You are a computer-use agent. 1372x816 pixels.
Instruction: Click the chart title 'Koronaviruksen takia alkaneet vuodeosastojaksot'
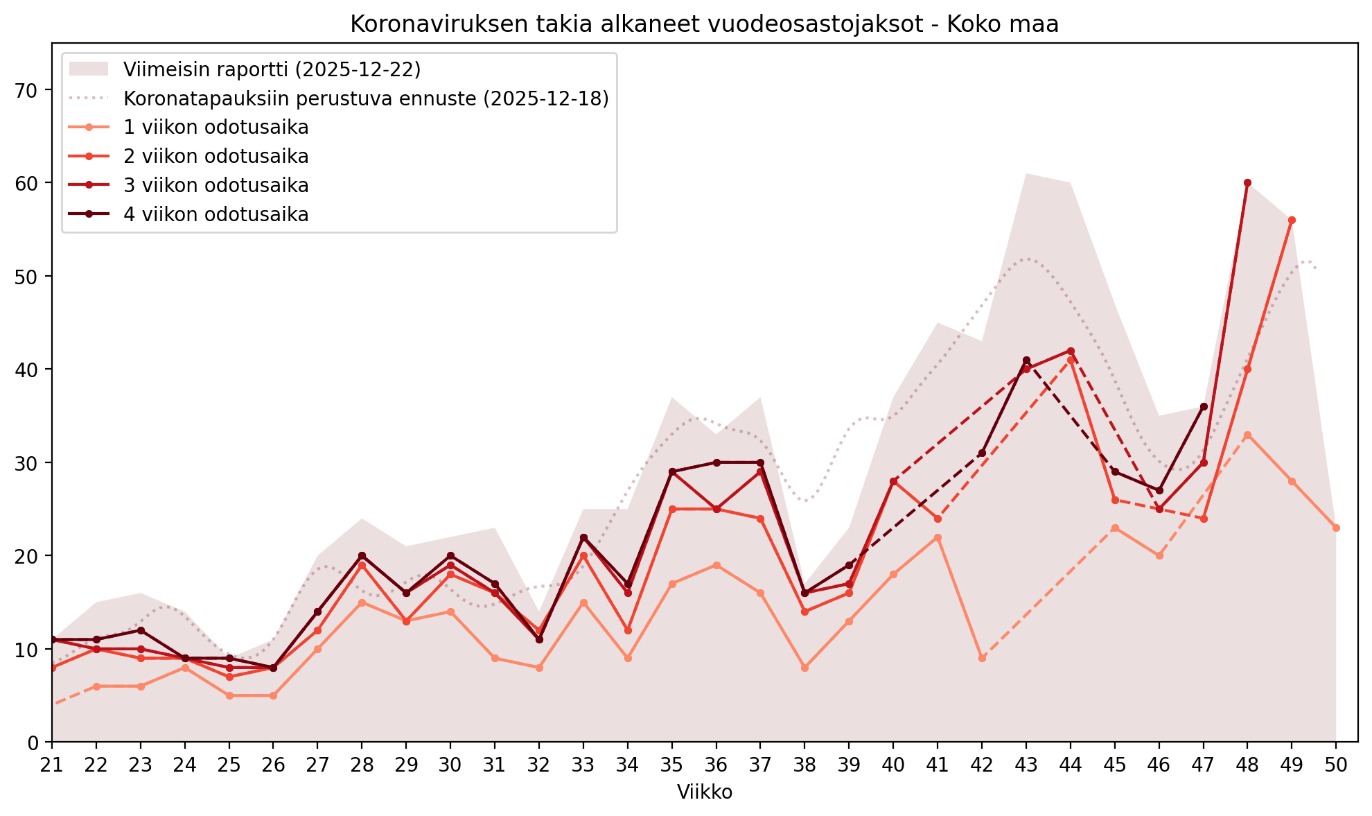[x=704, y=24]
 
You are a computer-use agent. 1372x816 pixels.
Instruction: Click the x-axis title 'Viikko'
[x=704, y=792]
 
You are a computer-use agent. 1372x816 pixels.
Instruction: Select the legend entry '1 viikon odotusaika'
[x=216, y=128]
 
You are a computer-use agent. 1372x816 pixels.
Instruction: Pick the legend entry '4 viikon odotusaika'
[x=216, y=215]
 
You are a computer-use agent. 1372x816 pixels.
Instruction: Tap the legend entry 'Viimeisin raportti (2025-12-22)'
[x=272, y=69]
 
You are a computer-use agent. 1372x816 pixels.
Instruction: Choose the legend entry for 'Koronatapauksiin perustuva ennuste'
[x=366, y=98]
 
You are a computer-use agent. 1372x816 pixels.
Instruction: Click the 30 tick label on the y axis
[x=32, y=463]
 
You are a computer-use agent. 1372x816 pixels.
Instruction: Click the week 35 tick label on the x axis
[x=671, y=765]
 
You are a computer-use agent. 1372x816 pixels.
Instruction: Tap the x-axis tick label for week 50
[x=1335, y=765]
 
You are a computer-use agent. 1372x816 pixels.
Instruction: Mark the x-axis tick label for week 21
[x=52, y=765]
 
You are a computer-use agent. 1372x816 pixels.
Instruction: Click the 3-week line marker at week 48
[x=1247, y=183]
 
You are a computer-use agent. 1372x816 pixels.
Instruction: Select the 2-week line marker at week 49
[x=1292, y=220]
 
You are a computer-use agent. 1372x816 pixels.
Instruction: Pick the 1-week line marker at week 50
[x=1335, y=528]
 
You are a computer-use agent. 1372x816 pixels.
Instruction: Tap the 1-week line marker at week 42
[x=982, y=658]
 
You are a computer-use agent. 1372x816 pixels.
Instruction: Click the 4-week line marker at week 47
[x=1204, y=407]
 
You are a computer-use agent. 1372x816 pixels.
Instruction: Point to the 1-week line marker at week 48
[x=1247, y=435]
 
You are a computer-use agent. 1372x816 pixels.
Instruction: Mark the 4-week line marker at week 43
[x=1026, y=361]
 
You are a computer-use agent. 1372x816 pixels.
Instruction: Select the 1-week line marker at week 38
[x=804, y=668]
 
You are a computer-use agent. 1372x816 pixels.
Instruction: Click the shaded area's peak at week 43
[x=1026, y=174]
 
